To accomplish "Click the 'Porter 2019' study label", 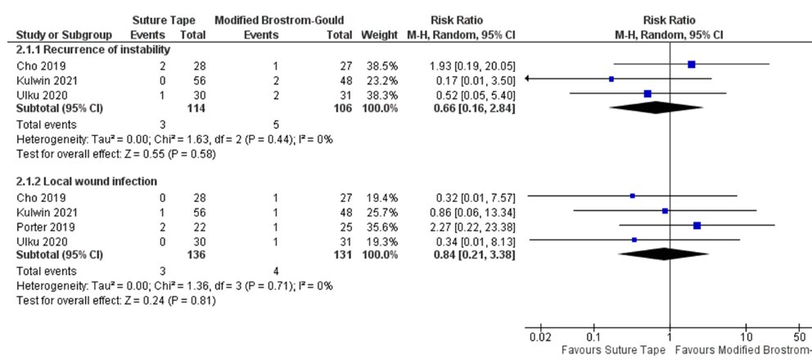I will pyautogui.click(x=41, y=225).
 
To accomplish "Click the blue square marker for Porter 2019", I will pyautogui.click(x=697, y=225).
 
